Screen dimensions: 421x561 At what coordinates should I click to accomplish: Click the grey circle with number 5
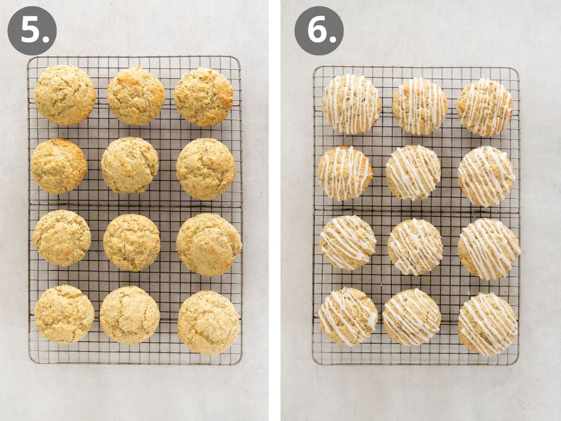(32, 31)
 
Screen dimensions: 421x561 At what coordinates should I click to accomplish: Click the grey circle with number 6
(319, 31)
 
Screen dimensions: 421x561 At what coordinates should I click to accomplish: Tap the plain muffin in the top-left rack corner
(65, 95)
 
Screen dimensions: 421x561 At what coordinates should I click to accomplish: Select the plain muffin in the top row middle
(136, 95)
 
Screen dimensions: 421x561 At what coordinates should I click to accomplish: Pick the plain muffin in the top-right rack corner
(204, 97)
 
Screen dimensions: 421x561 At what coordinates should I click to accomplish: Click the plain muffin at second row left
(59, 166)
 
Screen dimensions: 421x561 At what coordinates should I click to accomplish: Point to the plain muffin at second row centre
(130, 165)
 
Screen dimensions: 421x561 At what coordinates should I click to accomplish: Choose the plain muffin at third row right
(209, 244)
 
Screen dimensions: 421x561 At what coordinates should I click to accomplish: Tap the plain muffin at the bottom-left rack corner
(64, 314)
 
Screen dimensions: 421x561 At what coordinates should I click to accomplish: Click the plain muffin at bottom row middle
(129, 315)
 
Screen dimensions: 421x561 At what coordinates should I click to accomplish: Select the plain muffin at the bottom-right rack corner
(209, 322)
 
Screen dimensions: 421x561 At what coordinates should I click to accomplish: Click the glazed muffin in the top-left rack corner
(351, 104)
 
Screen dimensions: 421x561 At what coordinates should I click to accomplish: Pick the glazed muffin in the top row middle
(420, 106)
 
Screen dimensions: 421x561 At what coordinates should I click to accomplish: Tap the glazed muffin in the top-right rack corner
(485, 107)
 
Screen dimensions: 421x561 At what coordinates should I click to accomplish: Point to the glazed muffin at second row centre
(413, 173)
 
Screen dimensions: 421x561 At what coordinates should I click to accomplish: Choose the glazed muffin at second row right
(486, 176)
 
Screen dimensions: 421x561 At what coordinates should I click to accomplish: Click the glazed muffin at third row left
(347, 242)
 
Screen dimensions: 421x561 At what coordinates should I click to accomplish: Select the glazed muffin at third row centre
(415, 247)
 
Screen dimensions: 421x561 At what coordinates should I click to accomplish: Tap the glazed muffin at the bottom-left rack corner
(348, 316)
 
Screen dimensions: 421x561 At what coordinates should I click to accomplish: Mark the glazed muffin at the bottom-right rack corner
(488, 324)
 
